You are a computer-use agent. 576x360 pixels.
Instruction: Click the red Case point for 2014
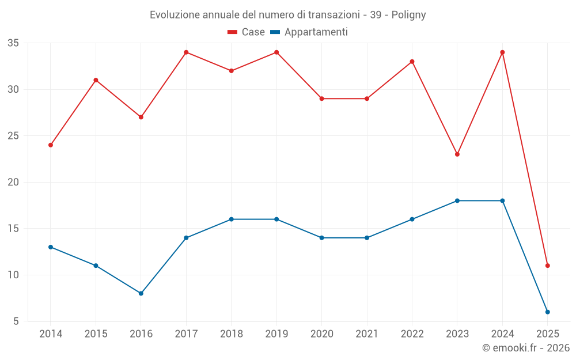[x=51, y=145]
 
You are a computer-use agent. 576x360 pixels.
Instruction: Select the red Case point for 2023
[x=457, y=154]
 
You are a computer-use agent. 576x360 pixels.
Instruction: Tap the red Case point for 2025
[x=547, y=266]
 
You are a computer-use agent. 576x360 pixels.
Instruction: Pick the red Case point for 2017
[x=186, y=52]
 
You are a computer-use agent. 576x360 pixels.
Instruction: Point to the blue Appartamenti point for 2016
[x=141, y=293]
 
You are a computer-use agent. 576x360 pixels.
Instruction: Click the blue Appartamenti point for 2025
[x=547, y=312]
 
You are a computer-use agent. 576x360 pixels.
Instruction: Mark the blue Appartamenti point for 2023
[x=457, y=200]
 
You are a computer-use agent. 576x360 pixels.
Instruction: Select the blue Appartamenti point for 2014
[x=51, y=247]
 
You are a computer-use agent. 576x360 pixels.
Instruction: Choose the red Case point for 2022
[x=412, y=62]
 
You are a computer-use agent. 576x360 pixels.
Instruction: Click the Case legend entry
[x=247, y=32]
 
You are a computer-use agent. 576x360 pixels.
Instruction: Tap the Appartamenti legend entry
[x=309, y=32]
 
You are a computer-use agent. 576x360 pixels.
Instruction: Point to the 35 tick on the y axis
[x=13, y=43]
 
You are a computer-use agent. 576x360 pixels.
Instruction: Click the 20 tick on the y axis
[x=13, y=182]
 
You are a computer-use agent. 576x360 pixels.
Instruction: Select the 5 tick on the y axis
[x=16, y=321]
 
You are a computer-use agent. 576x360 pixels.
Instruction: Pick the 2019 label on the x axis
[x=276, y=334]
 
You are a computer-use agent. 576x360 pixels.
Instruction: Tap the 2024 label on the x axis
[x=502, y=334]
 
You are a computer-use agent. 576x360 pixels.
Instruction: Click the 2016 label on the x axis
[x=141, y=334]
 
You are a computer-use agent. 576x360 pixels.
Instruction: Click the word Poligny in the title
[x=408, y=15]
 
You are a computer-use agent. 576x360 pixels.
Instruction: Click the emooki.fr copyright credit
[x=526, y=348]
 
